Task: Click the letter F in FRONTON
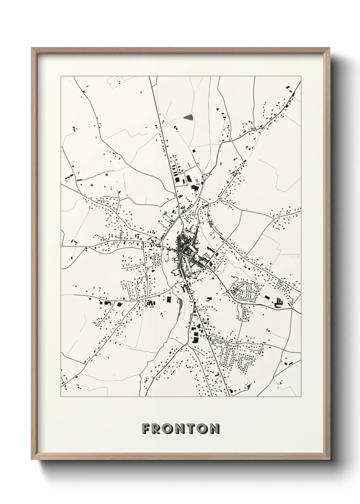click(x=146, y=429)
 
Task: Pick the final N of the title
click(x=215, y=429)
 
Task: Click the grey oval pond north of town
click(x=188, y=117)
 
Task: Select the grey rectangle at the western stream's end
click(x=79, y=179)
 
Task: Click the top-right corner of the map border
click(x=301, y=76)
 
